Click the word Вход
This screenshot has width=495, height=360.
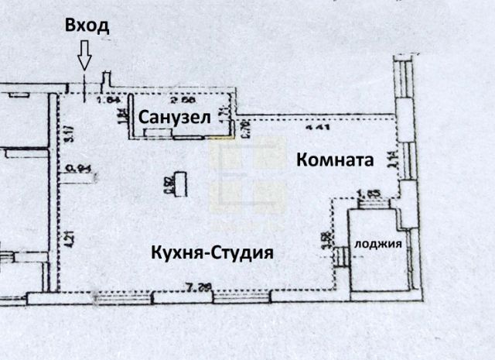tap(87, 26)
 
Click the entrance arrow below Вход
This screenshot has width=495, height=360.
tap(84, 58)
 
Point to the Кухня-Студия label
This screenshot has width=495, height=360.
tap(213, 252)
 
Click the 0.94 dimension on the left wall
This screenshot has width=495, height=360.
tap(74, 166)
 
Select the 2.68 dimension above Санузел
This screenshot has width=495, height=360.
tap(181, 100)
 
